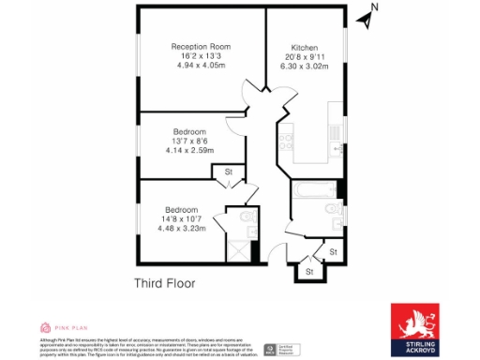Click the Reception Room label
[x=200, y=46]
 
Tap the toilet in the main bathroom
[x=329, y=208]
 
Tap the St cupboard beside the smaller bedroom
[x=228, y=172]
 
